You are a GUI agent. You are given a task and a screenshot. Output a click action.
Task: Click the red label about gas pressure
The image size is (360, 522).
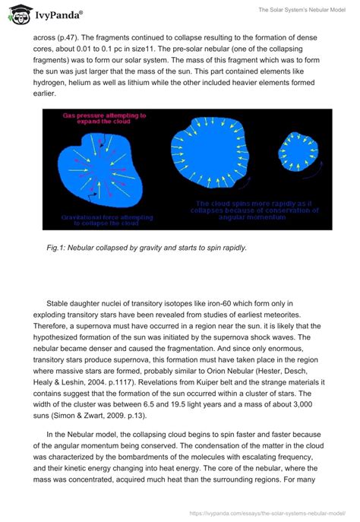tap(104, 119)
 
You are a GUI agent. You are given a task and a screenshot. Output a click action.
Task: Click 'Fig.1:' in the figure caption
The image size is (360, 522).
tap(58, 247)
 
